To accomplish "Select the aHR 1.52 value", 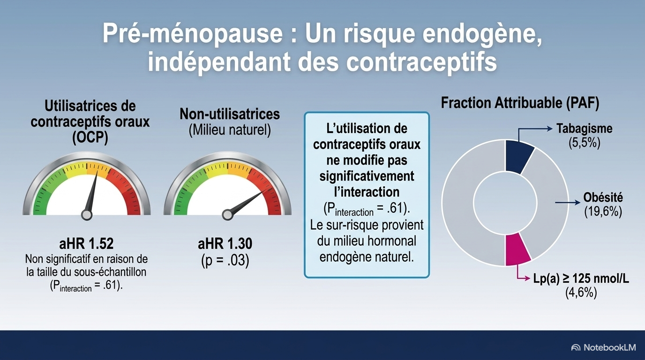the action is point(86,244).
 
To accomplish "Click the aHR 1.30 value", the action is point(225,244).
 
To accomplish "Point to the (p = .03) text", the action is point(225,260).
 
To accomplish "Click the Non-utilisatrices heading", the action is point(230,114).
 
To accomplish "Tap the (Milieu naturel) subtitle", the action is point(230,130).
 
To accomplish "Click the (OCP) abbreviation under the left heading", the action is point(90,138).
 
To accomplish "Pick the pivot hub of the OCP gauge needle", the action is point(87,215).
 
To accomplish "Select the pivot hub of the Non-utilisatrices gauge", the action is point(227,215).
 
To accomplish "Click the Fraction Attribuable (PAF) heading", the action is point(520,103).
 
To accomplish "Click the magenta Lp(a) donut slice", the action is point(517,249).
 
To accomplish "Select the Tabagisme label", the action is point(584,128).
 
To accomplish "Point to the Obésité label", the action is point(603,197).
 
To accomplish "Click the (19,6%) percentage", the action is point(603,212).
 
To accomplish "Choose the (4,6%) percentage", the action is point(581,293).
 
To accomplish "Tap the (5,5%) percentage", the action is point(584,143).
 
